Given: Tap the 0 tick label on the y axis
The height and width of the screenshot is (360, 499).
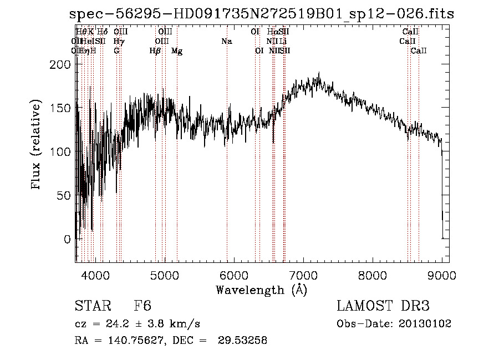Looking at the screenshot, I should click(x=67, y=239).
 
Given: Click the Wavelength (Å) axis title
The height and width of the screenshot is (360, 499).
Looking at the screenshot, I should click(x=261, y=290).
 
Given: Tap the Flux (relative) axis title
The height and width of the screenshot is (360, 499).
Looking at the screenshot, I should click(x=37, y=145).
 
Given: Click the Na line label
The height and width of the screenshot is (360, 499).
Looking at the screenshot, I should click(x=226, y=41).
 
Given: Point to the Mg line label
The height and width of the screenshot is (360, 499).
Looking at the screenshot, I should click(x=177, y=51).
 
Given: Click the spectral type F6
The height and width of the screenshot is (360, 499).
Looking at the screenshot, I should click(x=142, y=306).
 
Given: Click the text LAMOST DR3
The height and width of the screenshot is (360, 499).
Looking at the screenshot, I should click(x=383, y=306).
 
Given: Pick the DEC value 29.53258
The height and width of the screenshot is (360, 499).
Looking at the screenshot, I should click(x=242, y=341).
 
